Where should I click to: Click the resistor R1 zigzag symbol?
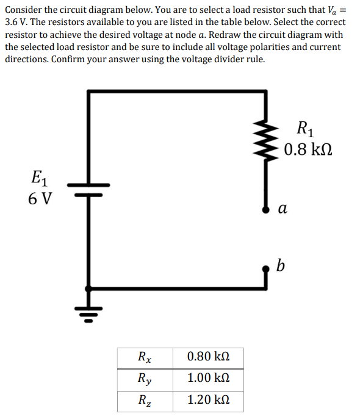(x=265, y=140)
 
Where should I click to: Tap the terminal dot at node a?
(x=265, y=210)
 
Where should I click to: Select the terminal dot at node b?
(x=265, y=269)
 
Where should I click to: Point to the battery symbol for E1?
(x=88, y=190)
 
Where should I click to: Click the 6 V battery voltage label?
(x=40, y=199)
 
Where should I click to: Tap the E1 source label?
(x=40, y=178)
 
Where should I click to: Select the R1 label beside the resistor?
(x=306, y=129)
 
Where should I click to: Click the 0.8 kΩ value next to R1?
(x=308, y=149)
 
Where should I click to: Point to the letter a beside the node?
(x=283, y=209)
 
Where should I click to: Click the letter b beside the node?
(x=280, y=265)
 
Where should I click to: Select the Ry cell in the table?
(x=145, y=380)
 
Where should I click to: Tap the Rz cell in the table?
(x=145, y=401)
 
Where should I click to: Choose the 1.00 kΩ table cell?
(x=208, y=380)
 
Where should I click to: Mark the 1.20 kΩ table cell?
(x=208, y=401)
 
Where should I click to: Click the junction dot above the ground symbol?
(x=88, y=288)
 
